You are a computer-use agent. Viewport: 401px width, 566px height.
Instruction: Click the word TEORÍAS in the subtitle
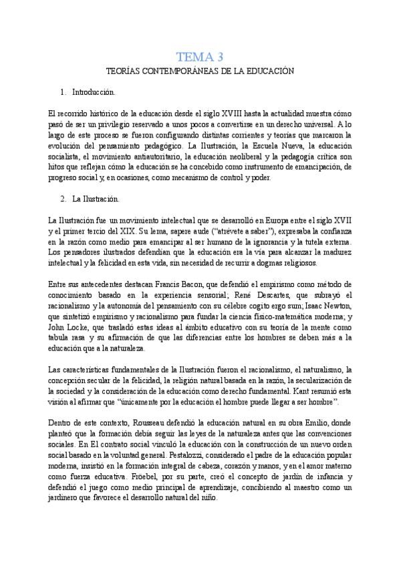tap(124, 71)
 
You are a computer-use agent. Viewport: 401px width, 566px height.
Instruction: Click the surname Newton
tap(336, 306)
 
